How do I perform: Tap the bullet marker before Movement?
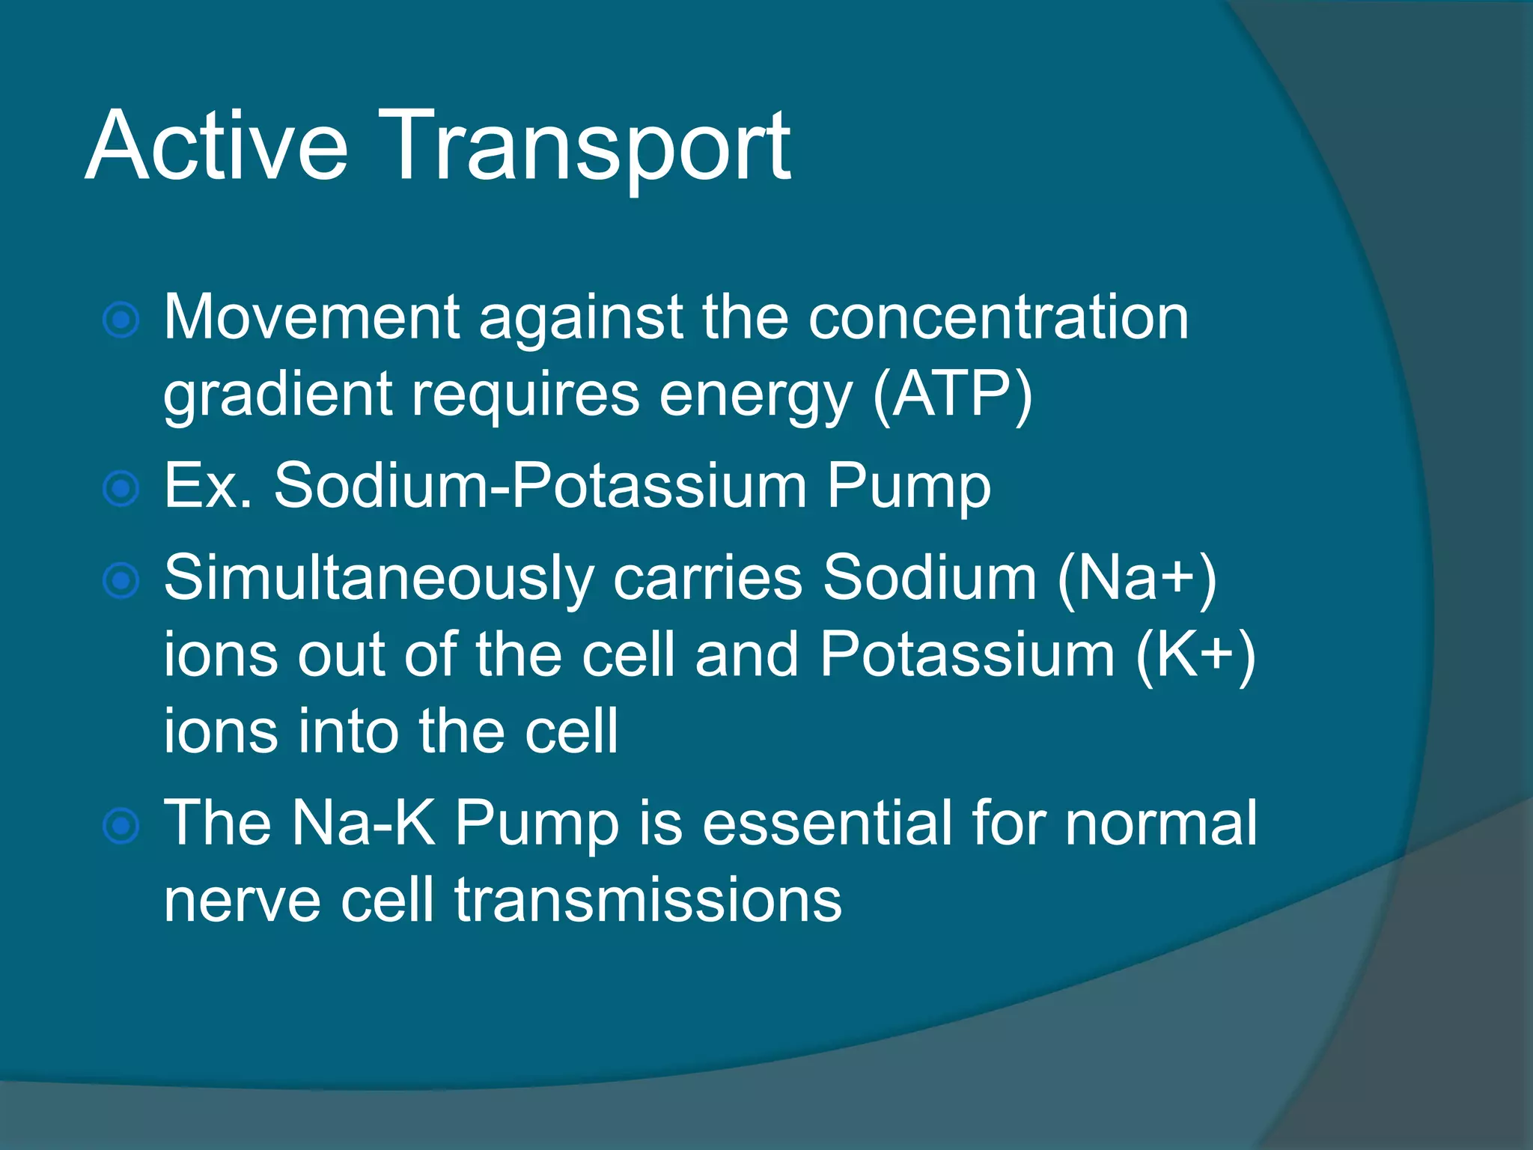pos(121,321)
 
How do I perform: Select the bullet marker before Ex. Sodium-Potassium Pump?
pos(121,489)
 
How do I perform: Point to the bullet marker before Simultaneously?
pos(121,582)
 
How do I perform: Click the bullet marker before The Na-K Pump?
pos(121,826)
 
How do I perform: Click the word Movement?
pos(311,317)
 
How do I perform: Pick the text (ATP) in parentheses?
pos(952,395)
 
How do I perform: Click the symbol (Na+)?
pos(1136,579)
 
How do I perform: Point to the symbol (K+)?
pos(1195,655)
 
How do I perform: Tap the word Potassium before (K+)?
pos(967,655)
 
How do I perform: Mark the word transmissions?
pos(647,900)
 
